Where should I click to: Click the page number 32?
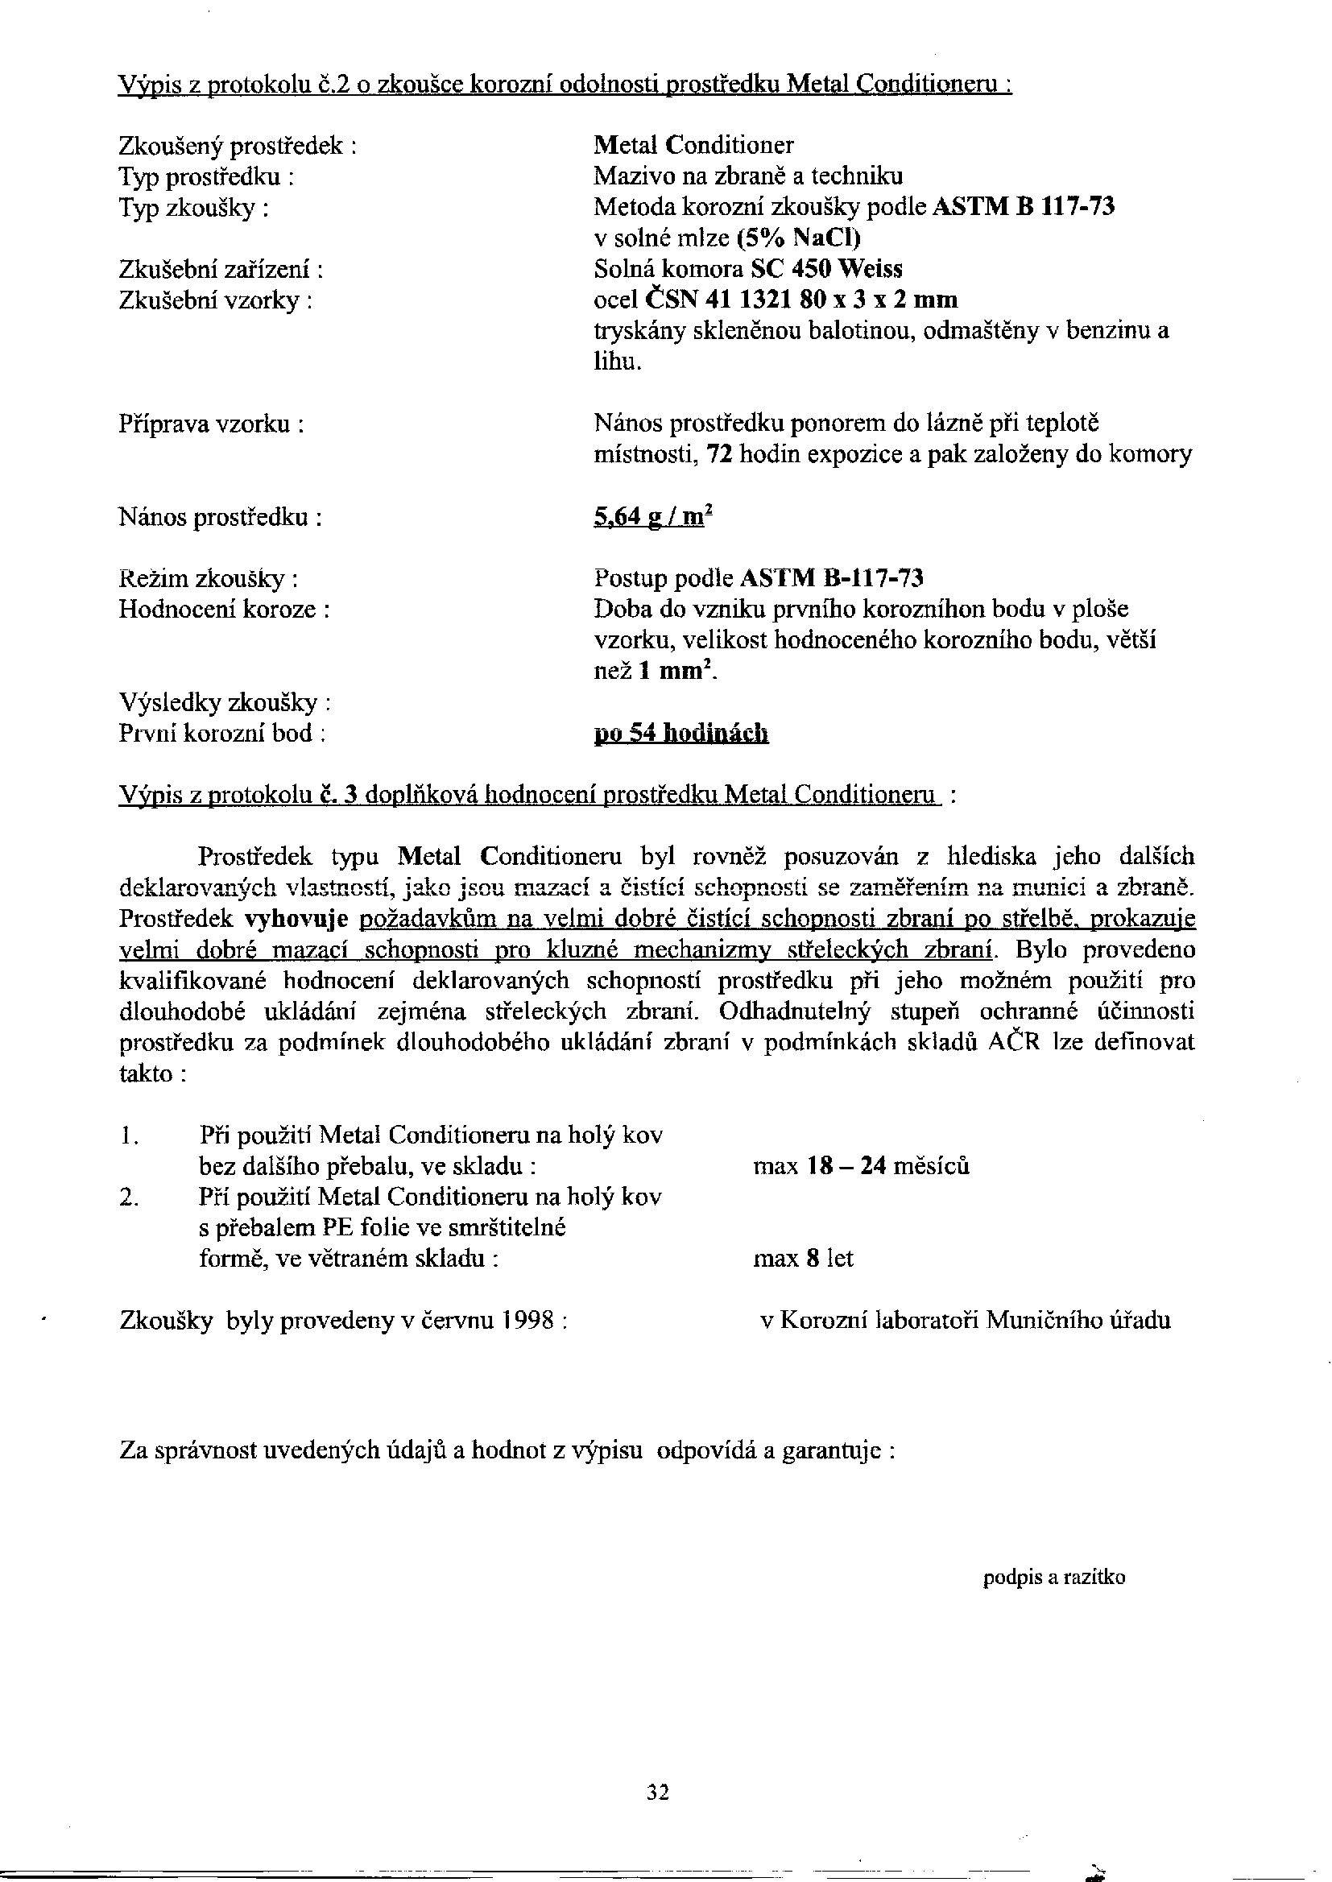[x=658, y=1793]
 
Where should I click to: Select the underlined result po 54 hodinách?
[x=680, y=733]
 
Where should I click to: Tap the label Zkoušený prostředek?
[x=237, y=146]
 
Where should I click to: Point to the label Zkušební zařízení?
[x=220, y=270]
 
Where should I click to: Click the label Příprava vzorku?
[x=212, y=424]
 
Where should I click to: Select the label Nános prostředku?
[x=220, y=519]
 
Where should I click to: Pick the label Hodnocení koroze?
[x=224, y=610]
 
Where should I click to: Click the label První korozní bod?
[x=222, y=733]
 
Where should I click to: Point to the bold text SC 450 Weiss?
[x=827, y=270]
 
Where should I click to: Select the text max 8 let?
[x=803, y=1259]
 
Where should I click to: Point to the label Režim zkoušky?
[x=208, y=579]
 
